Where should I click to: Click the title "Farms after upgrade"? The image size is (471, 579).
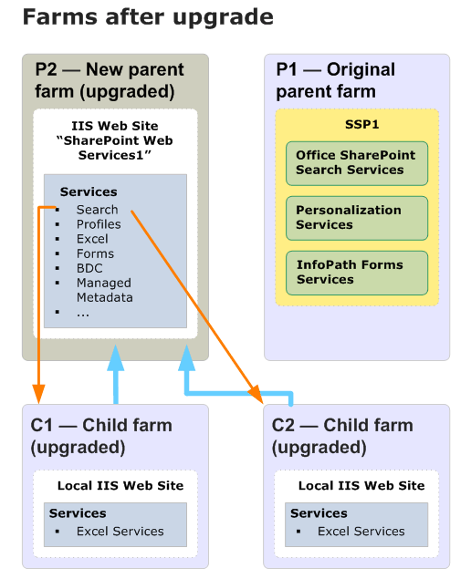[x=147, y=17]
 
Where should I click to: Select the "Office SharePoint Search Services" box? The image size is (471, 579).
[x=356, y=163]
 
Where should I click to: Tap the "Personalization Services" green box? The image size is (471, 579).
[x=356, y=218]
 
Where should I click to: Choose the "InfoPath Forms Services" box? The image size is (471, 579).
[x=356, y=273]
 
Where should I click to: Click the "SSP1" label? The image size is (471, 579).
[x=356, y=125]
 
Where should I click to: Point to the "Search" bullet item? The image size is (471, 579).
[x=97, y=210]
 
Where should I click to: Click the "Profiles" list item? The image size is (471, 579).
[x=99, y=224]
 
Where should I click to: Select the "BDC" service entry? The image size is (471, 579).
[x=89, y=268]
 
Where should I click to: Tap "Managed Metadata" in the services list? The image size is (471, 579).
[x=104, y=290]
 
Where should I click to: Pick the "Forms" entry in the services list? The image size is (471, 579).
[x=95, y=253]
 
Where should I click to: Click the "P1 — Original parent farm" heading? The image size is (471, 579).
[x=335, y=80]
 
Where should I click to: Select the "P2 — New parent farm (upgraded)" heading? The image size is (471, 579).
[x=109, y=80]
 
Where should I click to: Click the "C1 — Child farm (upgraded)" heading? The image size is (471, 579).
[x=100, y=436]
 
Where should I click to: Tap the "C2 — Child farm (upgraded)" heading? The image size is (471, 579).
[x=342, y=436]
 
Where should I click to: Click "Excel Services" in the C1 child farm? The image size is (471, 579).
[x=120, y=531]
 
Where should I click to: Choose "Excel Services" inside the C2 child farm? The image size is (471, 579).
[x=361, y=531]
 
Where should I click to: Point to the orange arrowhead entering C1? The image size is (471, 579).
[x=38, y=395]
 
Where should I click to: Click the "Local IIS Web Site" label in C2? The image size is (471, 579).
[x=361, y=485]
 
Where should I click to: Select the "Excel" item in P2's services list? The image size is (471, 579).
[x=92, y=239]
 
